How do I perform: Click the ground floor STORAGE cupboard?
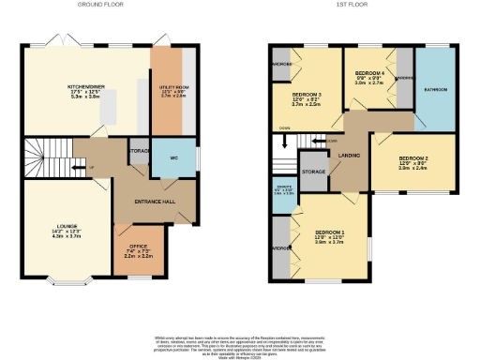tap(140, 152)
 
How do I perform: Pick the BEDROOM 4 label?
tap(369, 76)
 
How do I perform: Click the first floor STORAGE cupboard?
tap(313, 172)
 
